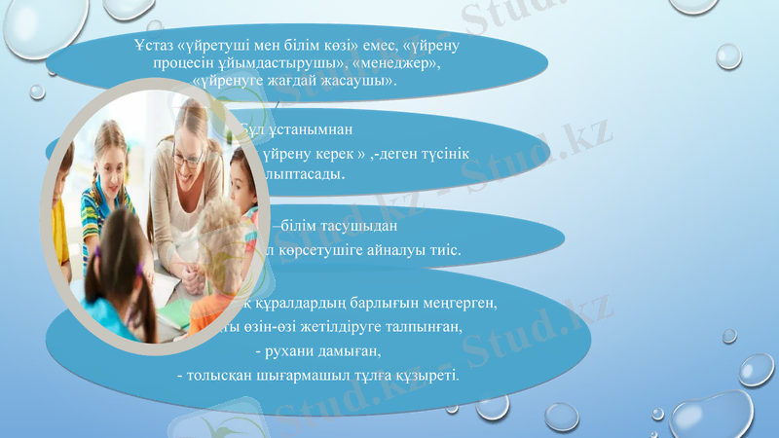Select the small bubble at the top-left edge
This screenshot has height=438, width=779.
coord(36,91)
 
